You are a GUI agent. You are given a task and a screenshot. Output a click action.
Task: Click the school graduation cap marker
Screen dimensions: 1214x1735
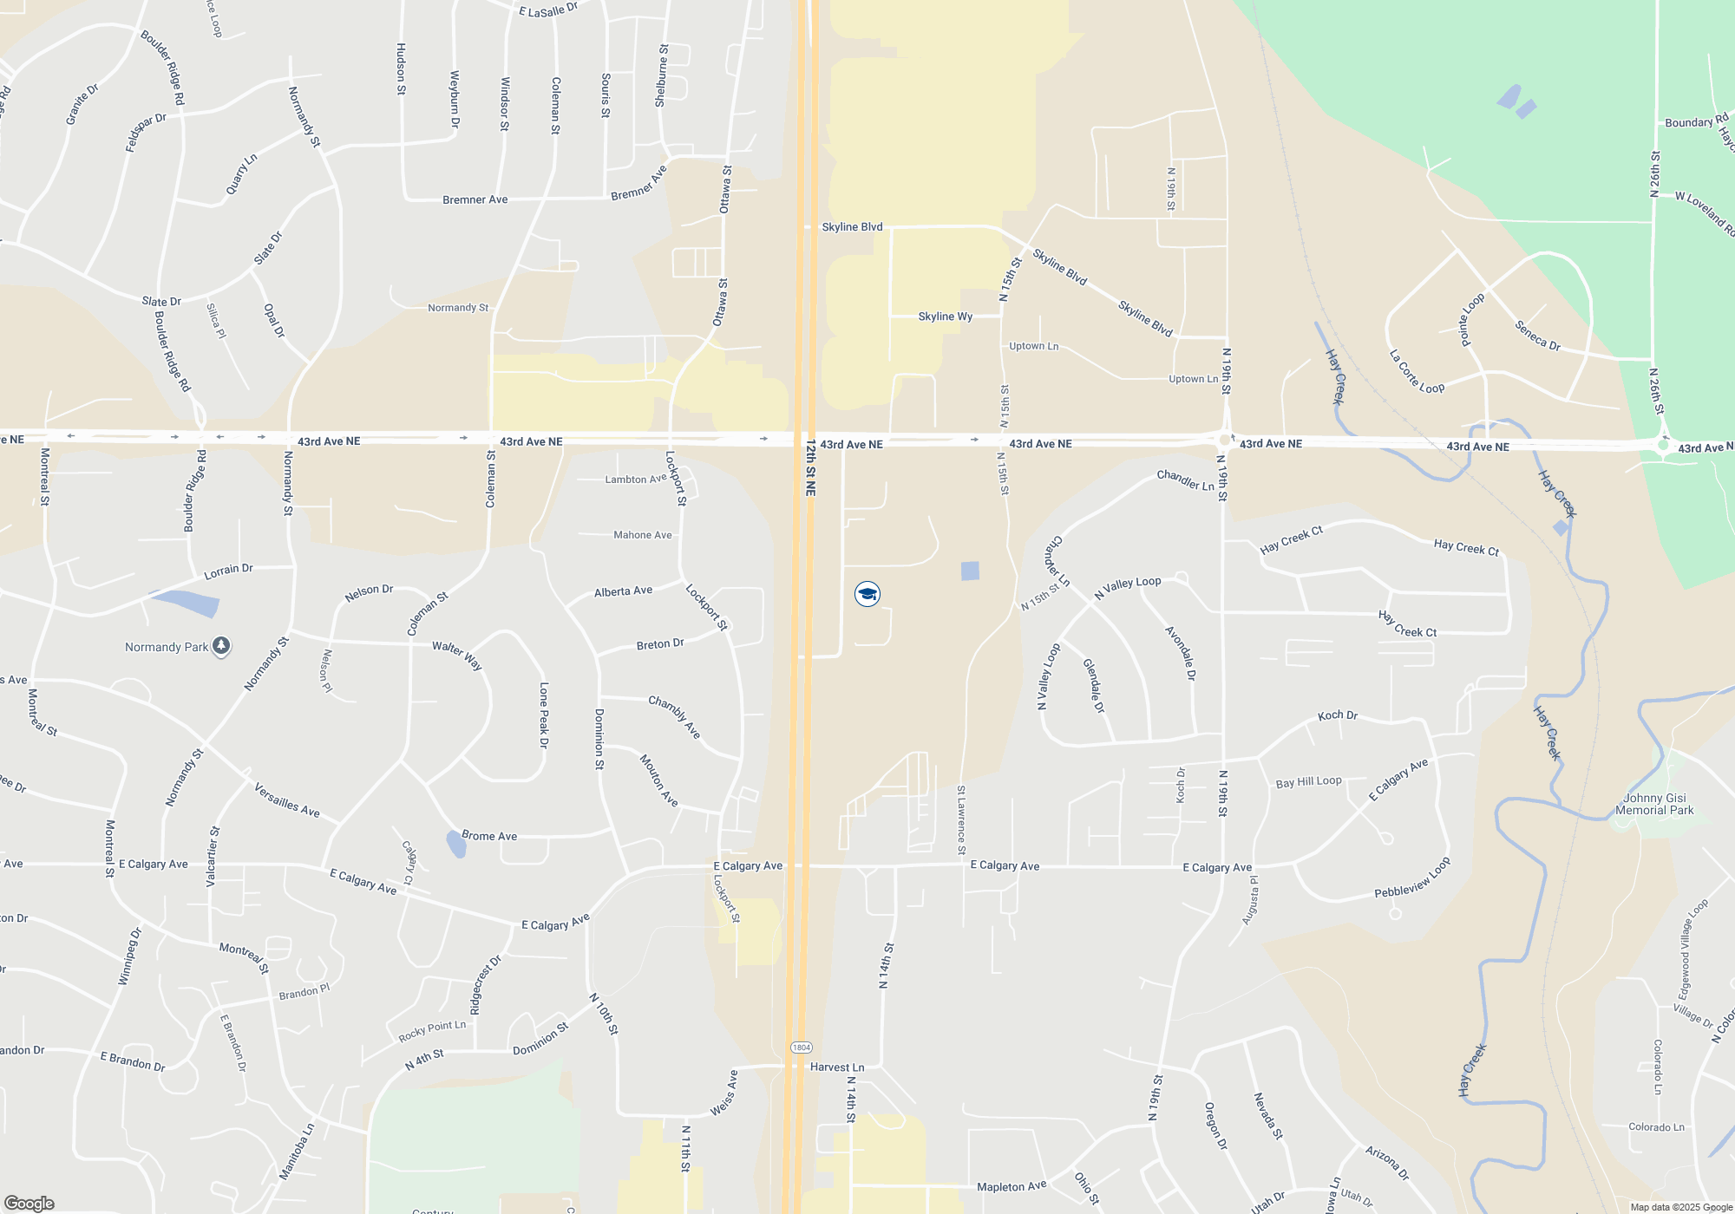tap(867, 594)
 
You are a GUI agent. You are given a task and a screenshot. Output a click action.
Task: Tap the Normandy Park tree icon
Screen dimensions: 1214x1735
tap(221, 646)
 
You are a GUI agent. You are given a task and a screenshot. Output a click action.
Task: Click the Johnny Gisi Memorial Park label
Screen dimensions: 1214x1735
tap(1654, 804)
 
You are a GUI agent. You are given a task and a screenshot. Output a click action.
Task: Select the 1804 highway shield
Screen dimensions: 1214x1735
tap(802, 1048)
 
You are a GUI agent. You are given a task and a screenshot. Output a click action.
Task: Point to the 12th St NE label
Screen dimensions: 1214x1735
tap(810, 467)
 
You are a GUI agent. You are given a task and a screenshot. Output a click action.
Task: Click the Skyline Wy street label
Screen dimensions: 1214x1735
tap(945, 317)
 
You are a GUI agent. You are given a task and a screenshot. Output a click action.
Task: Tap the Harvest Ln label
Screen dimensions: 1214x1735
tap(837, 1067)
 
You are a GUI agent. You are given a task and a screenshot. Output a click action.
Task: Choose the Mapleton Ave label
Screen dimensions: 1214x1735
tap(1012, 1186)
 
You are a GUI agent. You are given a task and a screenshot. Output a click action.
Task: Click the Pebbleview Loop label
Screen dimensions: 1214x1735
tap(1412, 878)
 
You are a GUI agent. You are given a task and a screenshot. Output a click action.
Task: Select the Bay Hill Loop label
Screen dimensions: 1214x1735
tap(1308, 782)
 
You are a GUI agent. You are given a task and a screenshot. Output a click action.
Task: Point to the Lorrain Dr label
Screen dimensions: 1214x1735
tap(228, 571)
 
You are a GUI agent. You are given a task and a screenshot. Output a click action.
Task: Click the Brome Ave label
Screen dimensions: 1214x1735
tap(489, 836)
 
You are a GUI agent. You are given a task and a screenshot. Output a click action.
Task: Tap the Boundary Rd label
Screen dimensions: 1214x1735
tap(1696, 121)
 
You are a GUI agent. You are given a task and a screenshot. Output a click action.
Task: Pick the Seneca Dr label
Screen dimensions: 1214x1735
tap(1537, 336)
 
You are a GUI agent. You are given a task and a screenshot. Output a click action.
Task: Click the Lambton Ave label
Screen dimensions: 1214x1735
tap(636, 479)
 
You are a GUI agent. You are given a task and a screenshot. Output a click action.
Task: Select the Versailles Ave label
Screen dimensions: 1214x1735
tap(286, 800)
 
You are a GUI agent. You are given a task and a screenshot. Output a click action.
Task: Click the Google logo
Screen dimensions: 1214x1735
tap(29, 1204)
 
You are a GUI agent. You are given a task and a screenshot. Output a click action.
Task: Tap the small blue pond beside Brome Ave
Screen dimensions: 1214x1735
tap(455, 843)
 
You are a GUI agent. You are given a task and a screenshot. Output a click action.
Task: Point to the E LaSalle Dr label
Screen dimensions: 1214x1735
tap(548, 10)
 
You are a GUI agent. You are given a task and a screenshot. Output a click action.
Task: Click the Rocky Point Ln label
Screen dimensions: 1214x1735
tap(432, 1030)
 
